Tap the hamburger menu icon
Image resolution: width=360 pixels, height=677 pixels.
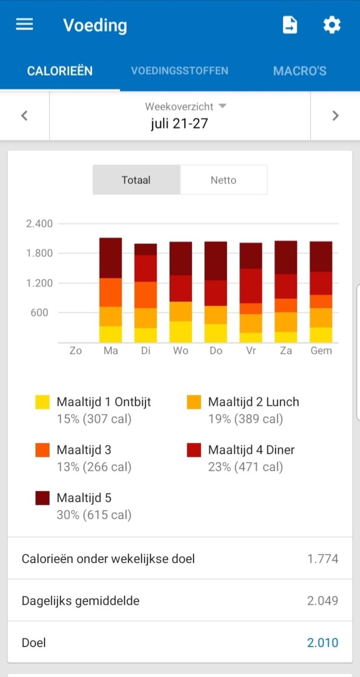point(24,25)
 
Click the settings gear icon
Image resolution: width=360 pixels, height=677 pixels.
point(332,25)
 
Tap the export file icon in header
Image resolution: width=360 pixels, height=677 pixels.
point(289,25)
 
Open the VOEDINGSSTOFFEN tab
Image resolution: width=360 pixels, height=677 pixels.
point(179,71)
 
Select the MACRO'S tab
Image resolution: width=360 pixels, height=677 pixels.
point(300,71)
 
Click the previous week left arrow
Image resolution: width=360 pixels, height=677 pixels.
point(24,116)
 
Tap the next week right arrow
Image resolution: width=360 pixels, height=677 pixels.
point(335,116)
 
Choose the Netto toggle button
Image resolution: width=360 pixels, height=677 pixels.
point(223,181)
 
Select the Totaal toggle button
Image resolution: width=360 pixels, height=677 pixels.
point(136,181)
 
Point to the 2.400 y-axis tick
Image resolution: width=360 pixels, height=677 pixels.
point(39,223)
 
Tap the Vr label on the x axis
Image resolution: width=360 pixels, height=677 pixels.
point(251,351)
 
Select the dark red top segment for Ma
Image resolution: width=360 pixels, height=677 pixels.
point(111,258)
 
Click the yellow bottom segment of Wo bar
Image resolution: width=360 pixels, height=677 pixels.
point(181,332)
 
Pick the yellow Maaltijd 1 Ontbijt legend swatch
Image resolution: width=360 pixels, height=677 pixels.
point(42,402)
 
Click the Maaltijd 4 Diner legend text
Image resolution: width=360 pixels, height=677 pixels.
point(251,450)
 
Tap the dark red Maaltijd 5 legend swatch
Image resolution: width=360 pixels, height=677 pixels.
point(42,498)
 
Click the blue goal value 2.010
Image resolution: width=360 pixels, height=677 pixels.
point(323,643)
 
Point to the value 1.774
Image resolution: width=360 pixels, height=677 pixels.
point(323,559)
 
